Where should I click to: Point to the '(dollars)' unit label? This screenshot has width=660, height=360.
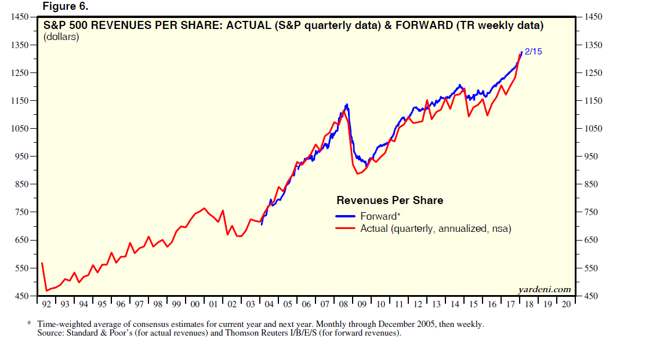click(x=61, y=37)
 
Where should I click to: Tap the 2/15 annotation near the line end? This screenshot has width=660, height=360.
click(x=533, y=52)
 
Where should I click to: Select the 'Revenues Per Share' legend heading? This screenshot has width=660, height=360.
click(x=390, y=201)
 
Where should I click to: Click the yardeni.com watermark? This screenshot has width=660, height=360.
click(x=544, y=289)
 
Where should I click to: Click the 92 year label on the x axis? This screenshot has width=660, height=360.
click(x=47, y=304)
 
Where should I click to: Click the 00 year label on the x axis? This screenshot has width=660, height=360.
click(x=195, y=304)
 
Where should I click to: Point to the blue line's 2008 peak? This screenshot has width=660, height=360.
click(x=347, y=104)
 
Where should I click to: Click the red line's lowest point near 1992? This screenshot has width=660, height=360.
click(x=46, y=290)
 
